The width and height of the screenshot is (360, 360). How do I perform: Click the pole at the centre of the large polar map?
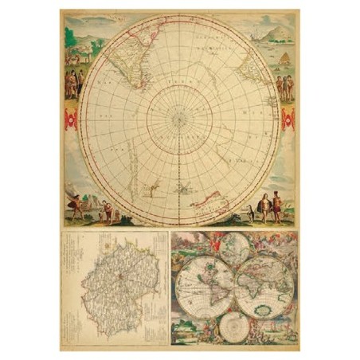pyautogui.click(x=179, y=119)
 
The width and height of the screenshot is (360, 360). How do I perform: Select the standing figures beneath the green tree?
pyautogui.click(x=73, y=83)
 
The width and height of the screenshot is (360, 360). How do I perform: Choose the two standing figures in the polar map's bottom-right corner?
pyautogui.click(x=271, y=206)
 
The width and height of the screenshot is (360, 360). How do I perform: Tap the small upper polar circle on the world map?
pyautogui.click(x=234, y=246)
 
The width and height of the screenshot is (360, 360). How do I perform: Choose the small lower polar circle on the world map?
pyautogui.click(x=234, y=324)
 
